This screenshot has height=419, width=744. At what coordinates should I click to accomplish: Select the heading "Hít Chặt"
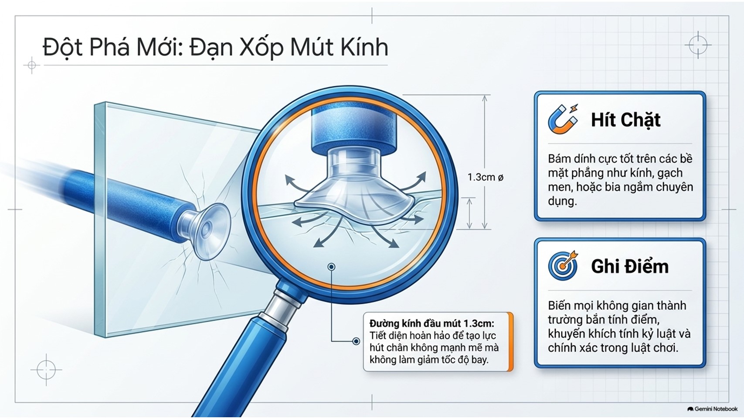pos(626,120)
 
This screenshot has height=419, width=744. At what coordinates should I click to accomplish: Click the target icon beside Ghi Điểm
pos(563,265)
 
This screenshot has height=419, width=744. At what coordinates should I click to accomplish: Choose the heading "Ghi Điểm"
pos(630,266)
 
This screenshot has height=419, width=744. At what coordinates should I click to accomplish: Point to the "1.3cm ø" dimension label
pos(485,177)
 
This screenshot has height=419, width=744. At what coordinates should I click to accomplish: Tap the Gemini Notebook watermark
pos(712,409)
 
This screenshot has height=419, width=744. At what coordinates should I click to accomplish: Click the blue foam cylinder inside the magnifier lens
pos(354,129)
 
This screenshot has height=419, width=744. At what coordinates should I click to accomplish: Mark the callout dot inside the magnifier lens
pos(331,267)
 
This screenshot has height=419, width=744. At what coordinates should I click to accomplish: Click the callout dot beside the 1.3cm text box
pos(356,341)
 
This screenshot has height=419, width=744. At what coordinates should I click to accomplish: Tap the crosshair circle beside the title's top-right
pos(698,45)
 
